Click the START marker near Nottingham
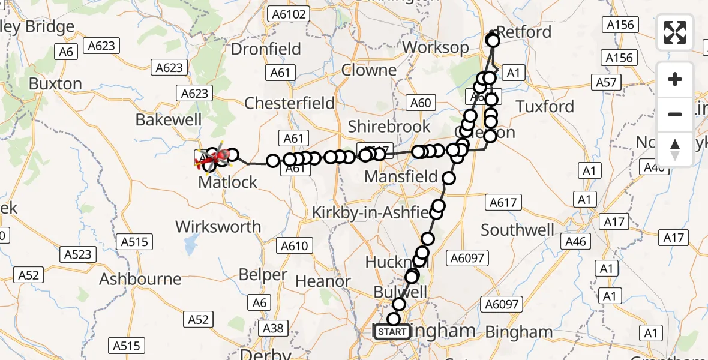[392, 332]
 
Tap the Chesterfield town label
[290, 103]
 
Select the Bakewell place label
[169, 119]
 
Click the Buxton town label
[55, 83]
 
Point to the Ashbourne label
[140, 279]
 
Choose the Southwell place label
[517, 230]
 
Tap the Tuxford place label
[545, 107]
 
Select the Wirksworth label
[218, 227]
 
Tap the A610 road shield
[294, 245]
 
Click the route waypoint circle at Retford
[493, 41]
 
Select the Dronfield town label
[266, 49]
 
